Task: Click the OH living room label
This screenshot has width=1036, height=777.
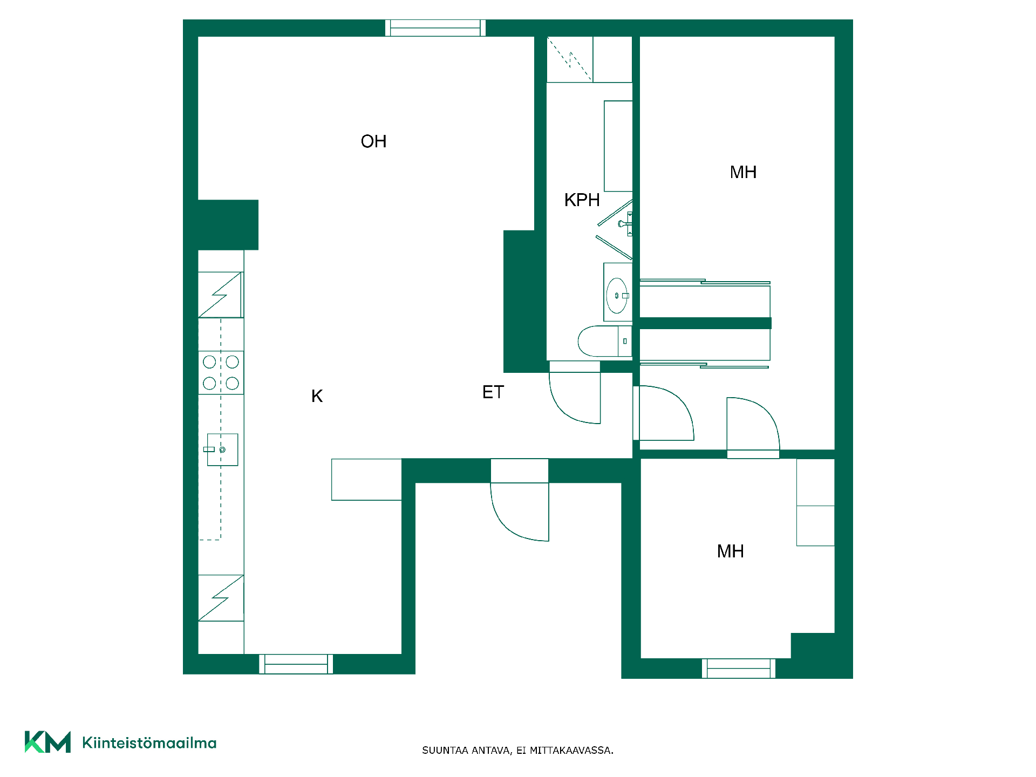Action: (373, 141)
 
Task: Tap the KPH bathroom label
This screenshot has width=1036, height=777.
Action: (582, 200)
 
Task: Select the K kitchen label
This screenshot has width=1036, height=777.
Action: (317, 396)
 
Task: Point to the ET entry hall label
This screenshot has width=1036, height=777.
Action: (493, 392)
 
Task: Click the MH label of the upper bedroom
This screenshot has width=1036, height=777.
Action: (743, 172)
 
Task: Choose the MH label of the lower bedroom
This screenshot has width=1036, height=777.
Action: (730, 551)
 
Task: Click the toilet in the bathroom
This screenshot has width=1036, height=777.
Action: (604, 341)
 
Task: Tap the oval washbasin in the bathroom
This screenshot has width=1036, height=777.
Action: (617, 295)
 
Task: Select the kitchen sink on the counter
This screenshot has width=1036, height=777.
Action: (222, 449)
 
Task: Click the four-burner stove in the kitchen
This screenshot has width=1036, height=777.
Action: (221, 372)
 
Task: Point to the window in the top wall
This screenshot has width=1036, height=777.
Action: (435, 28)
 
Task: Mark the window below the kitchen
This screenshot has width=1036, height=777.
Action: (296, 664)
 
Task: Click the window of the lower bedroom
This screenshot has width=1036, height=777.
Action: (738, 669)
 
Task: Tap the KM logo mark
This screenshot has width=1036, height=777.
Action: (47, 742)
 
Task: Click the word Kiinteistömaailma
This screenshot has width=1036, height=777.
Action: (149, 743)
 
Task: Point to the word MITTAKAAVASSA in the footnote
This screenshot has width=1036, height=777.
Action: (571, 751)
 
